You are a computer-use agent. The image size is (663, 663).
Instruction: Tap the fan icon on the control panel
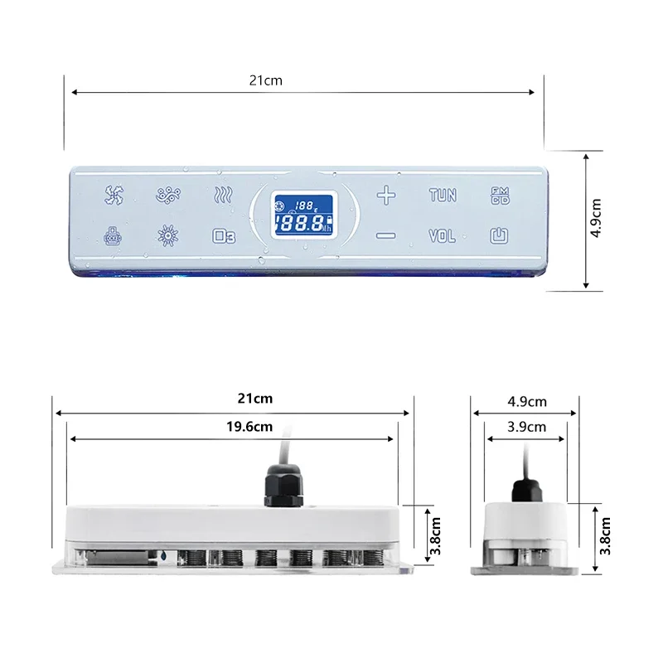[114, 196]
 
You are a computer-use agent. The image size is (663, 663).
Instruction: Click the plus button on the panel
[386, 196]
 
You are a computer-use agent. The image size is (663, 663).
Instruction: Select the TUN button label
[443, 196]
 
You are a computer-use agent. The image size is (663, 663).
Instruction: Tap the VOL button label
[443, 236]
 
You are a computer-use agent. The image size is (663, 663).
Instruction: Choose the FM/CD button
[500, 196]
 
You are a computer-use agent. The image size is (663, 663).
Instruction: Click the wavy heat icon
[223, 196]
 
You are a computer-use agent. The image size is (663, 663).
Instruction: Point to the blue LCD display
[304, 214]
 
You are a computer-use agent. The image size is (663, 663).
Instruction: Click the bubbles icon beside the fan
[168, 196]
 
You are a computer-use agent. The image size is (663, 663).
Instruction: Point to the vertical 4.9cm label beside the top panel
[596, 219]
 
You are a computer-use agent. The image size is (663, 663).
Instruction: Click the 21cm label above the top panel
[265, 80]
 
